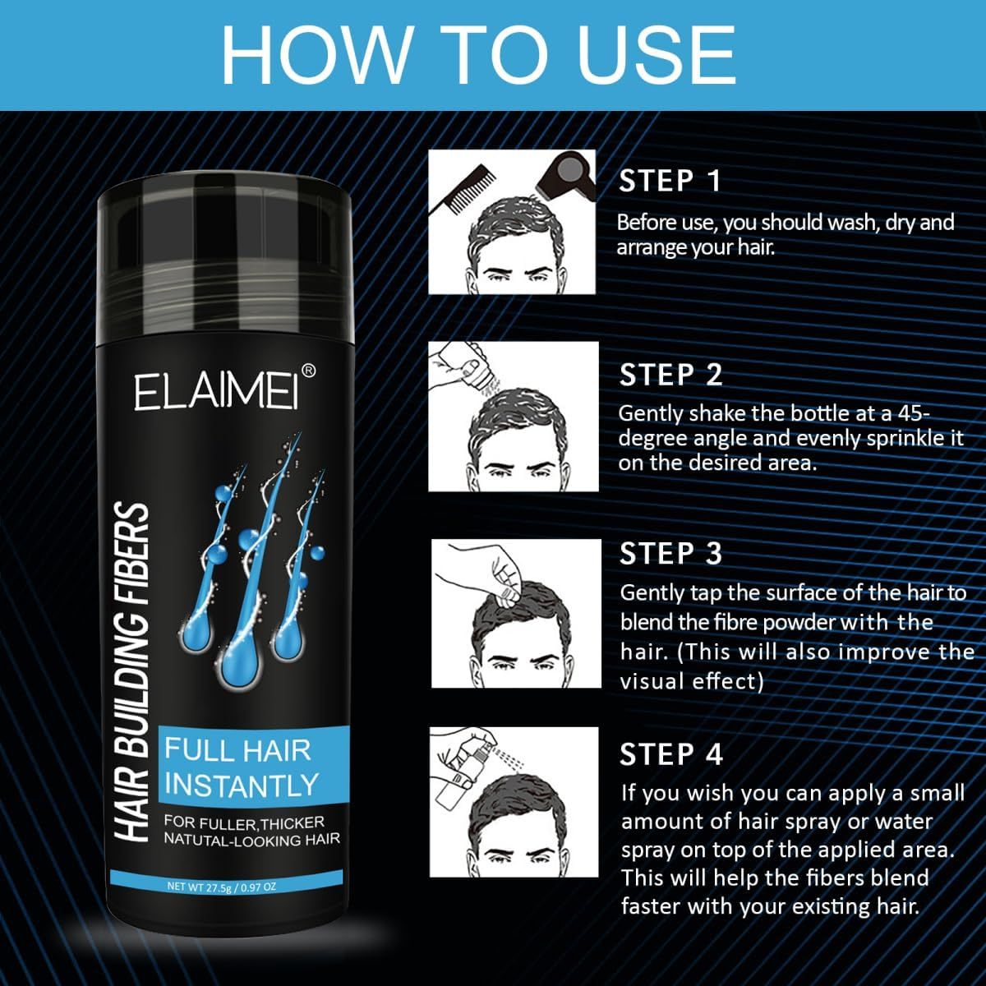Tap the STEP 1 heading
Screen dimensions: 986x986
(670, 181)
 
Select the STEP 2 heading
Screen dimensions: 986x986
(670, 375)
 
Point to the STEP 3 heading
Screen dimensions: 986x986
(670, 553)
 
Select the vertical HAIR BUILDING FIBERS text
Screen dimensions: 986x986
(131, 674)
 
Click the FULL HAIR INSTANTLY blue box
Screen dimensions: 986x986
(238, 767)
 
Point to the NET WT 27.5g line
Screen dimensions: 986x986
(222, 887)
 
